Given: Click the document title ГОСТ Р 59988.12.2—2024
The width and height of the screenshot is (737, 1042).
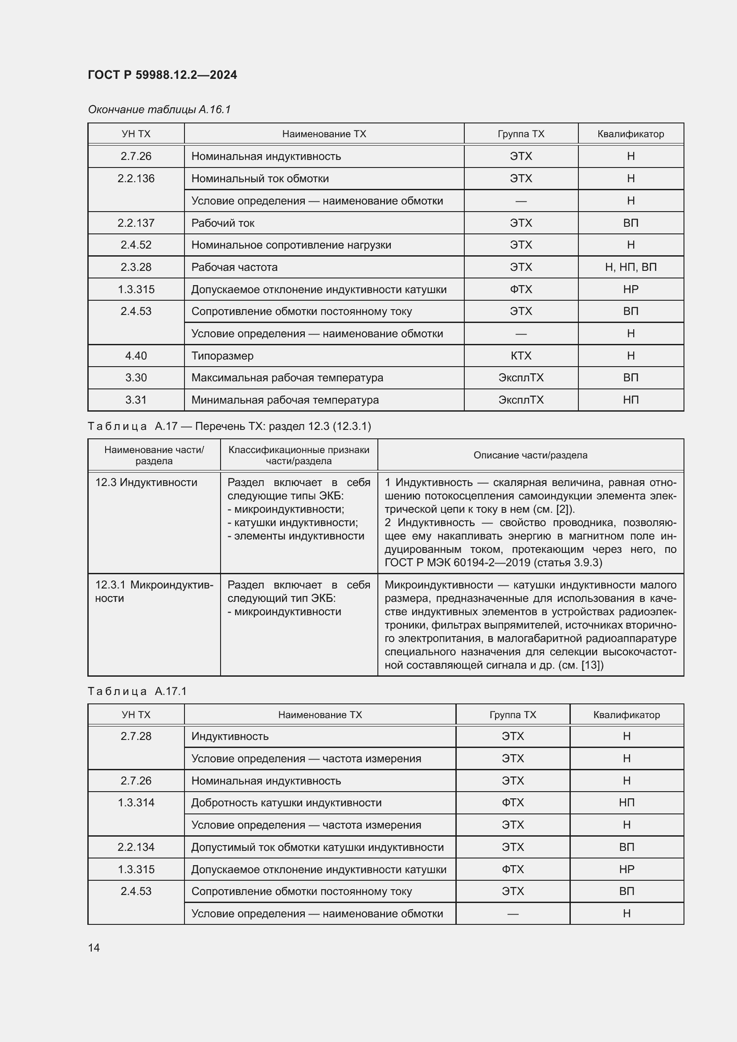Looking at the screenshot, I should [x=162, y=75].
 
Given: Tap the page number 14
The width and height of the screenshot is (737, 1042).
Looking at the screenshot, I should [x=94, y=948].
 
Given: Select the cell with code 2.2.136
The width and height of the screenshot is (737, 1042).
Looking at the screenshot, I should [x=136, y=179].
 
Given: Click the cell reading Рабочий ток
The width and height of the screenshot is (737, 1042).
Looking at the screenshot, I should [x=223, y=223].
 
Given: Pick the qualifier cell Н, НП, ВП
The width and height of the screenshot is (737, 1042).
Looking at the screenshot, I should [x=631, y=267].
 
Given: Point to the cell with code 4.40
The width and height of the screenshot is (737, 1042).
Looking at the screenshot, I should [x=136, y=356].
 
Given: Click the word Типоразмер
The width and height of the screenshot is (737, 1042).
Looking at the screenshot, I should [x=222, y=356].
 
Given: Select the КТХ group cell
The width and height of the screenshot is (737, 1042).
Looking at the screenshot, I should [x=520, y=356].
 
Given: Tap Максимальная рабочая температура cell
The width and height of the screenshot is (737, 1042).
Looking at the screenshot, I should [x=287, y=378].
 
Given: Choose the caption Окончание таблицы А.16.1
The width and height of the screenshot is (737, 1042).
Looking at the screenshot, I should [x=159, y=110].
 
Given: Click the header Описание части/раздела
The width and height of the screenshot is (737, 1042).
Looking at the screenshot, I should [x=530, y=455].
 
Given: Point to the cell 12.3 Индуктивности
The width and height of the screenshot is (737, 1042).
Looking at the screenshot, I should [x=146, y=482].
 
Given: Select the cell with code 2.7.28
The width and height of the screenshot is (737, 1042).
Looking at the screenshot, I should [x=136, y=736].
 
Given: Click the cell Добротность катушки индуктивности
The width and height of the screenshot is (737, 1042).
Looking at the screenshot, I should [x=287, y=803].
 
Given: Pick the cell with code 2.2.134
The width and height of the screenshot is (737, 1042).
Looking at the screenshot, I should [x=136, y=847].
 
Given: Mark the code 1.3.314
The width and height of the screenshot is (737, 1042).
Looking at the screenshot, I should [x=136, y=803].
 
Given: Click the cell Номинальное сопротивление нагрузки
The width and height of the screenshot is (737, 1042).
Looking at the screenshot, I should [x=291, y=245].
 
